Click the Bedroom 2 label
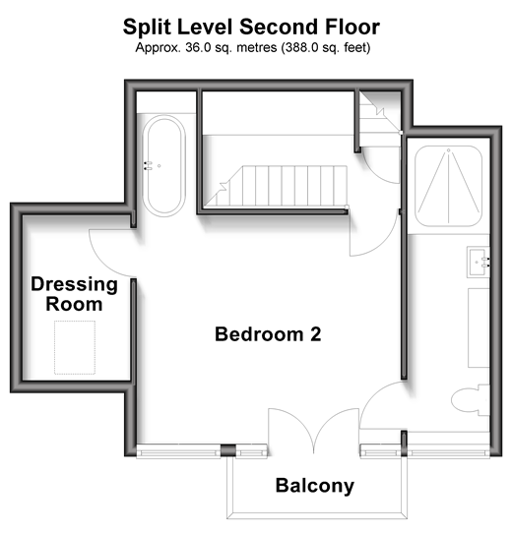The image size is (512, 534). click(268, 334)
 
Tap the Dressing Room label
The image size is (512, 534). click(74, 294)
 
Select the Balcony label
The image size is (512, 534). click(315, 486)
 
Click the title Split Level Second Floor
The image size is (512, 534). click(251, 27)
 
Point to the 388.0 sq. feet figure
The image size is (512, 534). click(326, 47)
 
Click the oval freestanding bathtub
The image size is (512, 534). click(164, 166)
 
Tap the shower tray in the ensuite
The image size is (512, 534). click(449, 186)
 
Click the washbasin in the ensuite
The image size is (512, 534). click(479, 263)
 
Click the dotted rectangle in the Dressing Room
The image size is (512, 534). click(75, 347)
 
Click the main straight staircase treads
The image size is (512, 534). click(276, 186)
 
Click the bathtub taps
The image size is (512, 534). click(148, 165)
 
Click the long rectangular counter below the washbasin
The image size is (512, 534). click(479, 327)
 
